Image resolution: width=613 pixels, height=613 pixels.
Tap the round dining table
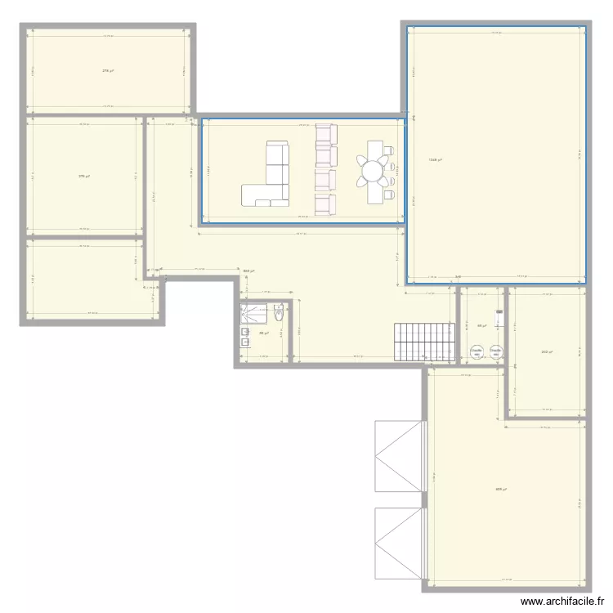[x=374, y=172]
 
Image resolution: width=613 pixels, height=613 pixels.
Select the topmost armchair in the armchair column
[x=326, y=132]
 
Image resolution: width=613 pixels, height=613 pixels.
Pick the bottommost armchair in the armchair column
[x=326, y=204]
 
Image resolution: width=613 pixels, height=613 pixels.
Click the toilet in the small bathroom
[x=280, y=311]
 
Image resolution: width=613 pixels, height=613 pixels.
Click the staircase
[x=423, y=341]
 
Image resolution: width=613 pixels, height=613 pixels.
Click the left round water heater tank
[x=476, y=352]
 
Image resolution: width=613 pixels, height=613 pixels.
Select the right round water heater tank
[x=495, y=352]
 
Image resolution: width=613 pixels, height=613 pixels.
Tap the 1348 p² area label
[x=435, y=159]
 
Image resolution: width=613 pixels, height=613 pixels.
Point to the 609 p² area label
[x=500, y=490]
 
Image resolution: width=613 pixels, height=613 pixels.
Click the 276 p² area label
[x=107, y=71]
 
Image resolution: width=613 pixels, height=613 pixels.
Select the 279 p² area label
[x=83, y=176]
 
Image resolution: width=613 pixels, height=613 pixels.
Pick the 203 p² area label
[x=546, y=352]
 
